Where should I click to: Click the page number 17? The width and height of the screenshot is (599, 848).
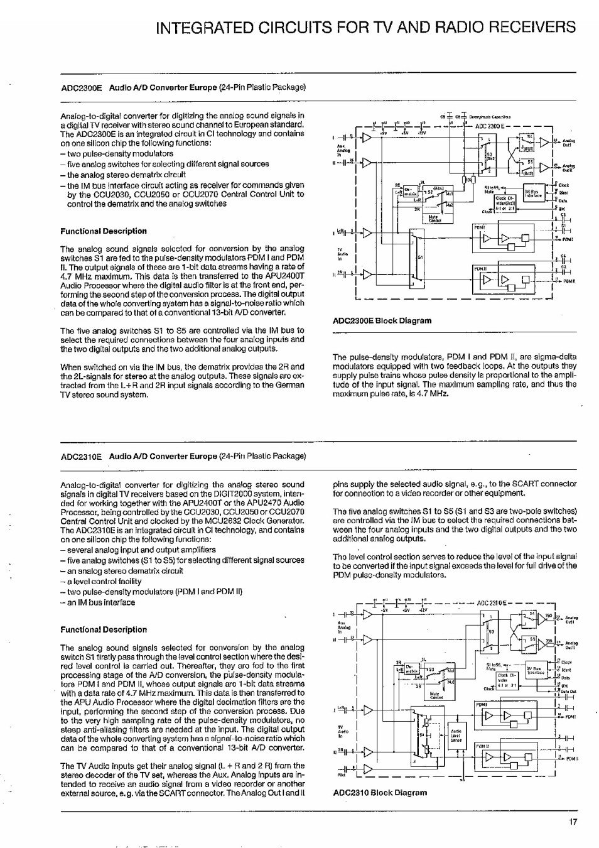(x=572, y=820)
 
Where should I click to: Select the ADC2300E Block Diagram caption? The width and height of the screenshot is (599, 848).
(x=382, y=320)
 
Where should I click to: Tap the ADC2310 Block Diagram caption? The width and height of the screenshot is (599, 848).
(x=379, y=793)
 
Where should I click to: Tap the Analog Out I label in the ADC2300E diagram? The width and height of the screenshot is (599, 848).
(x=568, y=143)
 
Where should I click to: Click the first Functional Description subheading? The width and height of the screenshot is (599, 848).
(x=103, y=231)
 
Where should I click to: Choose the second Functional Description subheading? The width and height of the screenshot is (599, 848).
(x=103, y=629)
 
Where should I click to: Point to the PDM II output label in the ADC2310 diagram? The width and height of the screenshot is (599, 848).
(x=571, y=759)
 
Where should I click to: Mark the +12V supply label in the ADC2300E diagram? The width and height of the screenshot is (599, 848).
(x=423, y=133)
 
